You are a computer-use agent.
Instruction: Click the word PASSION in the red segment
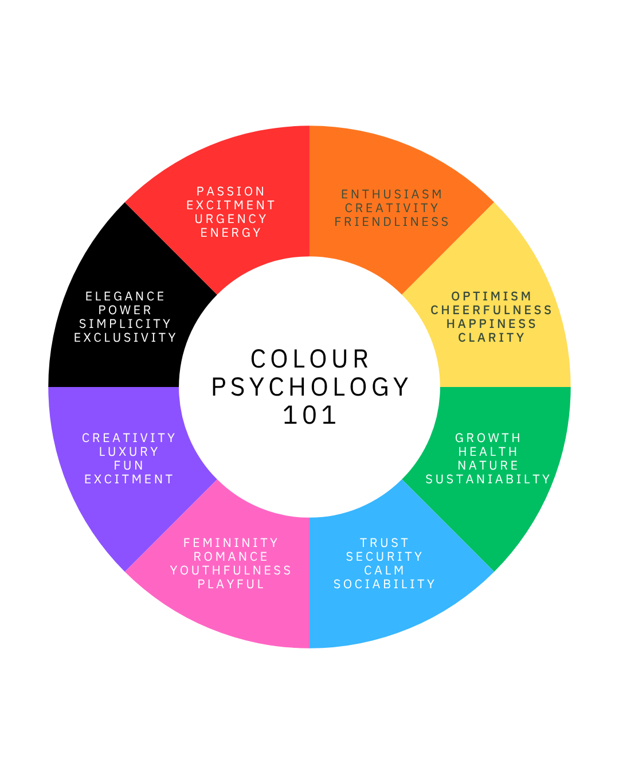point(231,191)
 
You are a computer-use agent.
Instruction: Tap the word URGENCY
point(231,219)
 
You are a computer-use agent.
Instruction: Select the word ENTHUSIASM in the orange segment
point(392,194)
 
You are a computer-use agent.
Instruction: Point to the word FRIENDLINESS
point(392,222)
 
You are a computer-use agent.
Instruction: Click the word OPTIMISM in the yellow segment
point(492,296)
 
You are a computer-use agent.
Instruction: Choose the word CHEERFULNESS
point(492,310)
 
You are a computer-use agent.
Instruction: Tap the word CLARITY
point(492,338)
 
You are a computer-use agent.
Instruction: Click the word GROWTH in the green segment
point(488,438)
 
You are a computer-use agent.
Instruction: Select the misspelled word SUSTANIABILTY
point(488,479)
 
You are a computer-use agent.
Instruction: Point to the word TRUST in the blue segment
point(385,543)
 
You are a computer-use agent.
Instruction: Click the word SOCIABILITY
point(385,584)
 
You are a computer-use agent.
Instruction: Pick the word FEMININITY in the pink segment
point(231,543)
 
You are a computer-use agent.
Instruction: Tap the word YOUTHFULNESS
point(231,570)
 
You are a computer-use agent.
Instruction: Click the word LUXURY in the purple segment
point(129,452)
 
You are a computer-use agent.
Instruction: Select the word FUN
point(129,466)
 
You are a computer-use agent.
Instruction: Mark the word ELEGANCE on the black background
point(126,296)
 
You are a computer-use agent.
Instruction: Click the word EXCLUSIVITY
point(126,338)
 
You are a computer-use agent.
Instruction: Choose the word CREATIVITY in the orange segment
point(392,208)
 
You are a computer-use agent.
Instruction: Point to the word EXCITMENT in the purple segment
point(129,479)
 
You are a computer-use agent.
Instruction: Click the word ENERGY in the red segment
point(231,233)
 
